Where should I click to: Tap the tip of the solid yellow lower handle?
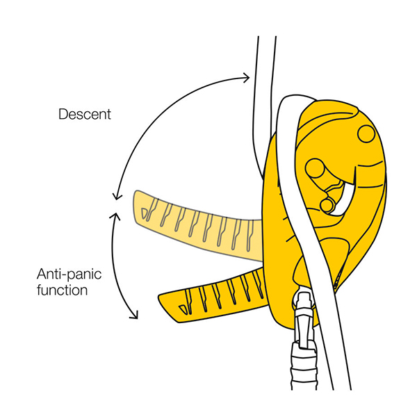[163, 301]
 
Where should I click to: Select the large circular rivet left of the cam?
[315, 167]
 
